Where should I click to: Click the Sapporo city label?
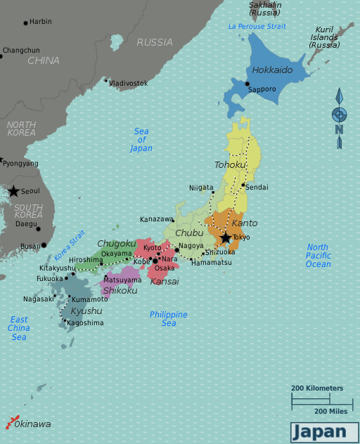pos(262,89)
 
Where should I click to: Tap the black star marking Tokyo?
pos(225,238)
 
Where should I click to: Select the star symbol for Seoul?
pos(13,191)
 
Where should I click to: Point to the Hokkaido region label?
pos(271,70)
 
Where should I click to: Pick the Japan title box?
pos(320,431)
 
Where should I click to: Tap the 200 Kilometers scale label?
pos(317,388)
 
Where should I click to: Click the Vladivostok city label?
pos(129,83)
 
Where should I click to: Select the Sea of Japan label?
pos(141,140)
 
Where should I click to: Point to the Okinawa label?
pos(33,424)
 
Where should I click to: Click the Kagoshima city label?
pos(85,323)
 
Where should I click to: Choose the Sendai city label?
pos(257,188)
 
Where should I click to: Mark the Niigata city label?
pos(201,188)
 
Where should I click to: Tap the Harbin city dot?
pos(26,22)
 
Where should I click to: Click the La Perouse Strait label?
pos(257,27)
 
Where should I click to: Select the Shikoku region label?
pos(120,289)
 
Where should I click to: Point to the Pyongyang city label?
pos(20,164)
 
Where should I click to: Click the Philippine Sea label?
pos(169,319)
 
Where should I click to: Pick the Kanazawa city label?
pos(156,219)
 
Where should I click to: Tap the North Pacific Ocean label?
pos(318,256)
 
